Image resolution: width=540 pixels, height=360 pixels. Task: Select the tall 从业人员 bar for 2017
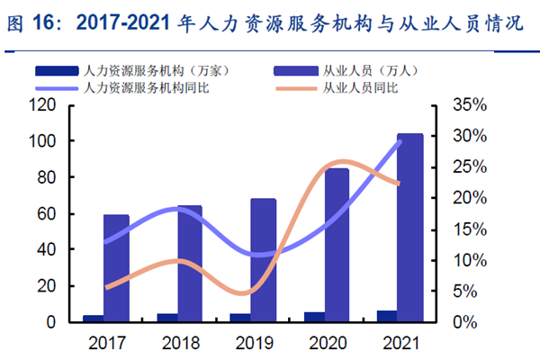pyautogui.click(x=116, y=267)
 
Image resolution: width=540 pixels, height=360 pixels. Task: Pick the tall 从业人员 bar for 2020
pyautogui.click(x=337, y=244)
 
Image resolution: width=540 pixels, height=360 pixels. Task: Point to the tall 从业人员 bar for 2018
pyautogui.click(x=189, y=263)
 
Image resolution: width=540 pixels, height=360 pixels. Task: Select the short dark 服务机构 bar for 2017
pyautogui.click(x=93, y=319)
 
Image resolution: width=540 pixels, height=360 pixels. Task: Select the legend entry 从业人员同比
pyautogui.click(x=360, y=87)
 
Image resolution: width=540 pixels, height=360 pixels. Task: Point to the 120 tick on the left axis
pyautogui.click(x=44, y=105)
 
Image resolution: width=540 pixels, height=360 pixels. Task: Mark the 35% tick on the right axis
pyautogui.click(x=467, y=105)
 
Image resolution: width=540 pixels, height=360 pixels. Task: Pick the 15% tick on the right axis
pyautogui.click(x=467, y=229)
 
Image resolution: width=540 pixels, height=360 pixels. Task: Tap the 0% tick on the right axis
pyautogui.click(x=463, y=322)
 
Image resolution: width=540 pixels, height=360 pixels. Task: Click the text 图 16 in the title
pyautogui.click(x=28, y=24)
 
